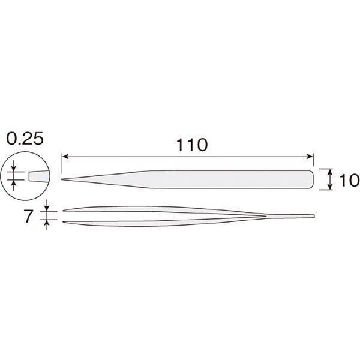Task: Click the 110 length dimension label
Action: [192, 145]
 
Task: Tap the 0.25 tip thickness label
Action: [25, 139]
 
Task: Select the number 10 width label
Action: [349, 180]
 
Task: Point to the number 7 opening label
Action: [29, 216]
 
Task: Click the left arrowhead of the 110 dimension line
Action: [65, 157]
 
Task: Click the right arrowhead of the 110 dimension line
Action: [310, 157]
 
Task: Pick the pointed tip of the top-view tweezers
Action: [62, 179]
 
